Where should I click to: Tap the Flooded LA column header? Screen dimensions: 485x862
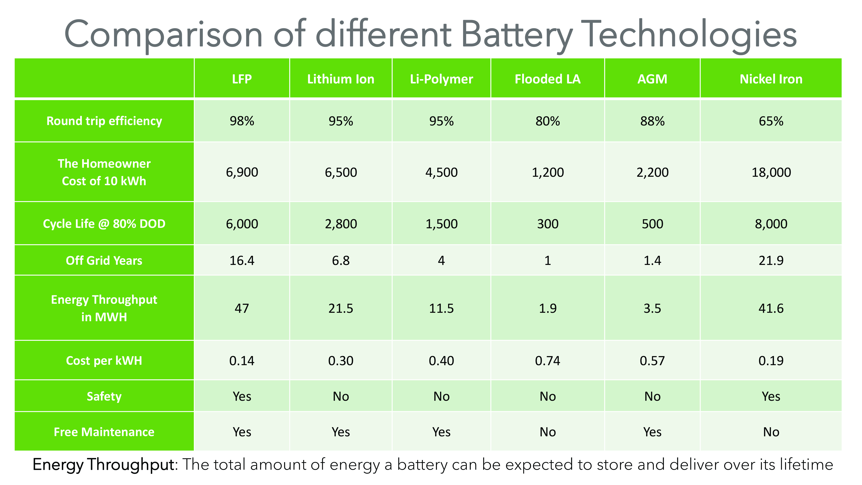point(547,79)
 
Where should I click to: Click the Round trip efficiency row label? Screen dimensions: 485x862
point(104,121)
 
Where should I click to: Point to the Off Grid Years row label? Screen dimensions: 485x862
point(104,260)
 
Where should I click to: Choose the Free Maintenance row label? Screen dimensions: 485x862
point(104,432)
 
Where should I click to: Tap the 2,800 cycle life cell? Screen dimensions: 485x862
point(341,224)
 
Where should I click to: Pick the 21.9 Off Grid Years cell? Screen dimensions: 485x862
point(771,260)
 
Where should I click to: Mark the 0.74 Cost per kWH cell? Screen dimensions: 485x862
point(547,360)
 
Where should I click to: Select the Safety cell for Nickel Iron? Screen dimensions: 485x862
point(771,396)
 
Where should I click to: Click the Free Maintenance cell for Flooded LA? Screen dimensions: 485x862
point(547,432)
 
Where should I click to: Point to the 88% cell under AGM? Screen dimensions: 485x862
point(652,121)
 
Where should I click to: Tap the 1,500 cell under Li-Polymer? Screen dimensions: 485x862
point(441,224)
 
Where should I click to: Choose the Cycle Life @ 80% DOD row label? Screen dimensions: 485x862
point(104,224)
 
